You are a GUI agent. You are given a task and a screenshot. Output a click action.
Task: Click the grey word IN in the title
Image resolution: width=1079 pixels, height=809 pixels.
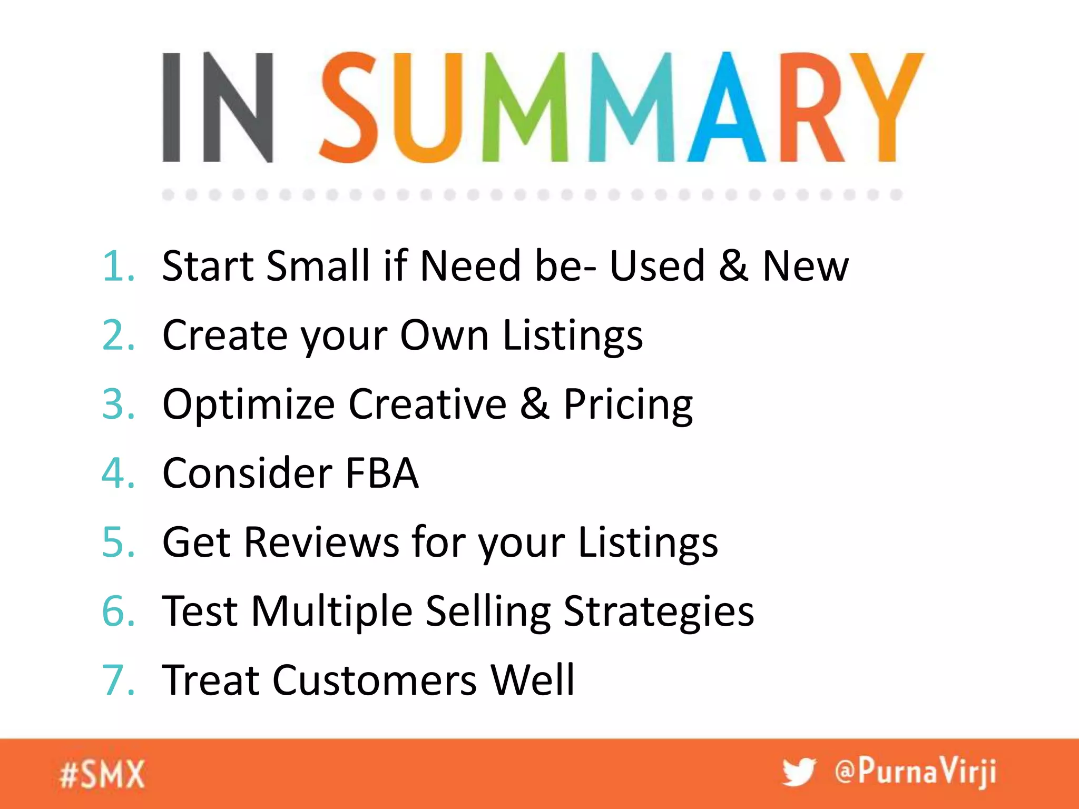[x=218, y=107]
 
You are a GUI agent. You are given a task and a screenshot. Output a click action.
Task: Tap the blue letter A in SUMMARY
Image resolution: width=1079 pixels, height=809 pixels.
[x=726, y=108]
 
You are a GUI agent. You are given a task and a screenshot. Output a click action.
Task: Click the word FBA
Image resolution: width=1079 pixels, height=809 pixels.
[x=382, y=473]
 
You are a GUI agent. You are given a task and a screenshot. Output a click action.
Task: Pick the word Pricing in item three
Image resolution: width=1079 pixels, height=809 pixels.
[x=628, y=404]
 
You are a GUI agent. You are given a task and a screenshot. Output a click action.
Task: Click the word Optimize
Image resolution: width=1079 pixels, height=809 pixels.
[x=249, y=404]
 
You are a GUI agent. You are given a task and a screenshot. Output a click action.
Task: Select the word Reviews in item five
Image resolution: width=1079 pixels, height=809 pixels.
[x=321, y=542]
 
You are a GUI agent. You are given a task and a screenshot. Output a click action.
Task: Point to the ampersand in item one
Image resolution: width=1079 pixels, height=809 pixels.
[x=733, y=266]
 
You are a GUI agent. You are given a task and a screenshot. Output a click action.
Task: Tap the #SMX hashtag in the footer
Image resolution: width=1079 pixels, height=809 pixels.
[x=102, y=774]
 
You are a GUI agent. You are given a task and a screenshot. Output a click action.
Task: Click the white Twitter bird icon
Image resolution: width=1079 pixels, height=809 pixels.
[x=799, y=773]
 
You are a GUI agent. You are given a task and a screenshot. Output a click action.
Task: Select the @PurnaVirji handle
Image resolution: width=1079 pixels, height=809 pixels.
[x=915, y=772]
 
